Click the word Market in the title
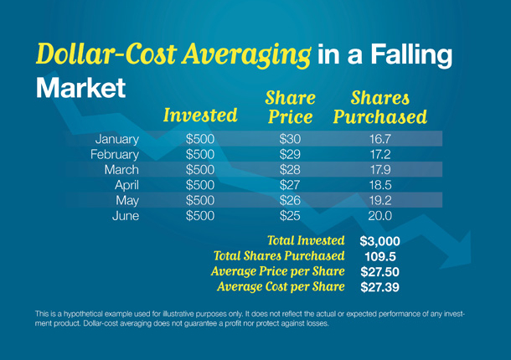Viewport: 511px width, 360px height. point(80,88)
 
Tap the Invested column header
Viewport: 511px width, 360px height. point(200,115)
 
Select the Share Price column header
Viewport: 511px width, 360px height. point(290,107)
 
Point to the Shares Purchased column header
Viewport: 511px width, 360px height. point(380,107)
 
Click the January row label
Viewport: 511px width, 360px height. point(117,140)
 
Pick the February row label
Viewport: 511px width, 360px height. point(115,155)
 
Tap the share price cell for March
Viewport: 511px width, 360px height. point(290,170)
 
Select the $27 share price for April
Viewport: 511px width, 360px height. point(290,185)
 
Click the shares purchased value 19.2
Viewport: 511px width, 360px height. point(380,200)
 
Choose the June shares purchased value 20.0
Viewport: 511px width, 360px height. point(380,216)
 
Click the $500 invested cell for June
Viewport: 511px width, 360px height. point(200,216)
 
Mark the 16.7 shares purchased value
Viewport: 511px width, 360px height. point(380,139)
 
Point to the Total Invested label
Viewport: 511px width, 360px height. point(306,240)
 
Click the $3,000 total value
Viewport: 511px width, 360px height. point(379,241)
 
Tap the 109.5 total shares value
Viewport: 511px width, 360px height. point(380,256)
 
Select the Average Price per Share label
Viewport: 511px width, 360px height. point(277,271)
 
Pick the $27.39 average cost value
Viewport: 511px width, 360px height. point(379,287)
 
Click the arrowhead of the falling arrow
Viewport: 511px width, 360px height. point(461,251)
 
